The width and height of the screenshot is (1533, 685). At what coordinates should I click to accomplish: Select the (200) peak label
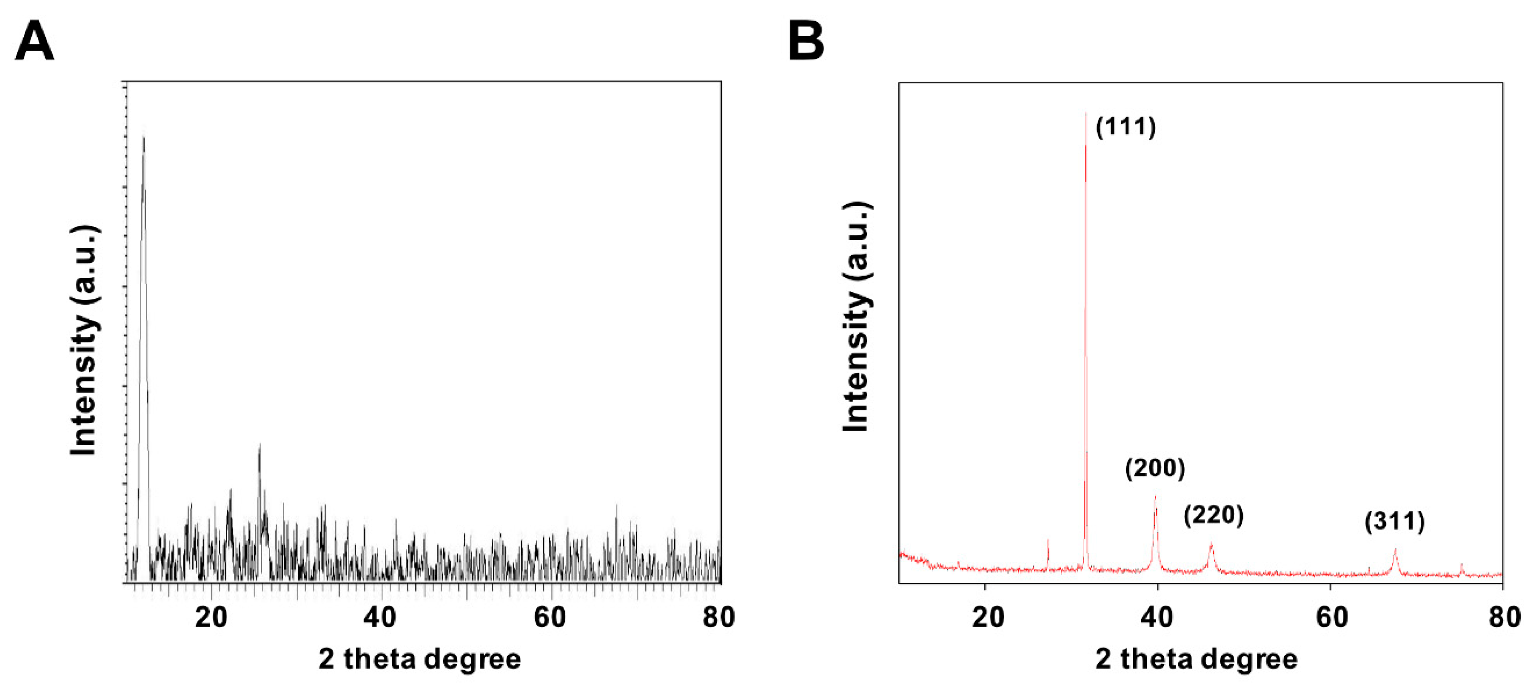[x=1154, y=469]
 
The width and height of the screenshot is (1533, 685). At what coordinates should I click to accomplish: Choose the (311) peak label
[x=1394, y=522]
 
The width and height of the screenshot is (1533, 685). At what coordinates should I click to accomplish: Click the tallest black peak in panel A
[x=143, y=138]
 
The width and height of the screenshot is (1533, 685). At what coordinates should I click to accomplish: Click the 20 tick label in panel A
[x=211, y=618]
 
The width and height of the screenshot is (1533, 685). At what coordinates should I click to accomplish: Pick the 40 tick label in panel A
[x=380, y=618]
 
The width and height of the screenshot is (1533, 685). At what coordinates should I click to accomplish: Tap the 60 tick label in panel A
[x=549, y=618]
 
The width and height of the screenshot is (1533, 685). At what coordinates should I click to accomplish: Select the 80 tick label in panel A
[x=718, y=618]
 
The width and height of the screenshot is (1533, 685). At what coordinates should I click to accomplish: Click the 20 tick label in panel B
[x=988, y=618]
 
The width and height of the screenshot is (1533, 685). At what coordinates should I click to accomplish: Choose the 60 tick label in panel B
[x=1331, y=618]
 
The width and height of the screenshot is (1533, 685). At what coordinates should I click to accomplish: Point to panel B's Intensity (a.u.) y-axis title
[x=857, y=317]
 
